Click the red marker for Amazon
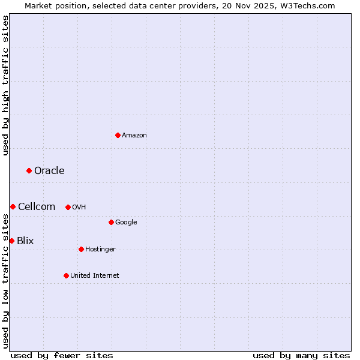tap(118, 135)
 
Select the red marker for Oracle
tap(29, 171)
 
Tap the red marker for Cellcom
tap(13, 207)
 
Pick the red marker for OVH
tap(68, 207)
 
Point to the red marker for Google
tap(111, 222)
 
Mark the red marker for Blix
tap(11, 241)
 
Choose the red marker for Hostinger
tap(81, 249)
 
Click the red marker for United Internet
tap(66, 275)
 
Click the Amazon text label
tap(134, 135)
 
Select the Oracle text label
tap(49, 171)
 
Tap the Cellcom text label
tap(37, 207)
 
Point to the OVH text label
tap(79, 207)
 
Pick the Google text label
tap(126, 222)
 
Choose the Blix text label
tap(25, 241)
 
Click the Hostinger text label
tap(100, 249)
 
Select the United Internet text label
tap(95, 275)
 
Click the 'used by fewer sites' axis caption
tap(62, 355)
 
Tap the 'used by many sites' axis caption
tap(301, 355)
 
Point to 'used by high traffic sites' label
tap(5, 85)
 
